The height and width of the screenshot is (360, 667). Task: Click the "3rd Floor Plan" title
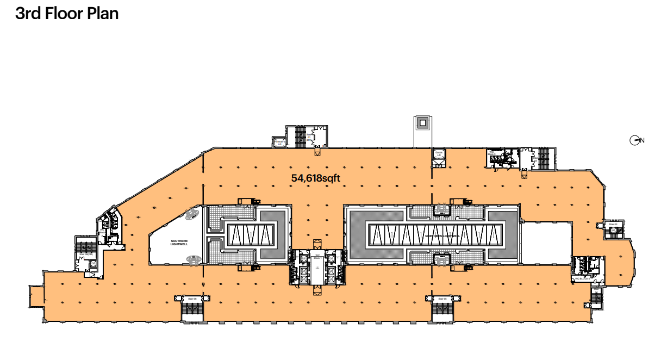67,13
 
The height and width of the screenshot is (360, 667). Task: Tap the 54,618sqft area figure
316,177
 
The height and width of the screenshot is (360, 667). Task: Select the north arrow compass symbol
634,140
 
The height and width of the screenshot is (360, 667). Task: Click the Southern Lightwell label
179,243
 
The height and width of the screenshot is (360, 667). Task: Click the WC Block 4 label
582,278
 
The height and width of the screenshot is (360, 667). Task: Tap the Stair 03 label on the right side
613,224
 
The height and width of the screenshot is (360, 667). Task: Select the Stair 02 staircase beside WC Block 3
540,158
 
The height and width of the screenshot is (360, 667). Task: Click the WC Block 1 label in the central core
317,256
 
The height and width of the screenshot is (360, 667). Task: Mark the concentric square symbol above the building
422,123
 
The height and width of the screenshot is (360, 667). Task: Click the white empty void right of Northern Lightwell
546,242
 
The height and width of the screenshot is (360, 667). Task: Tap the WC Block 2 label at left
102,233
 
